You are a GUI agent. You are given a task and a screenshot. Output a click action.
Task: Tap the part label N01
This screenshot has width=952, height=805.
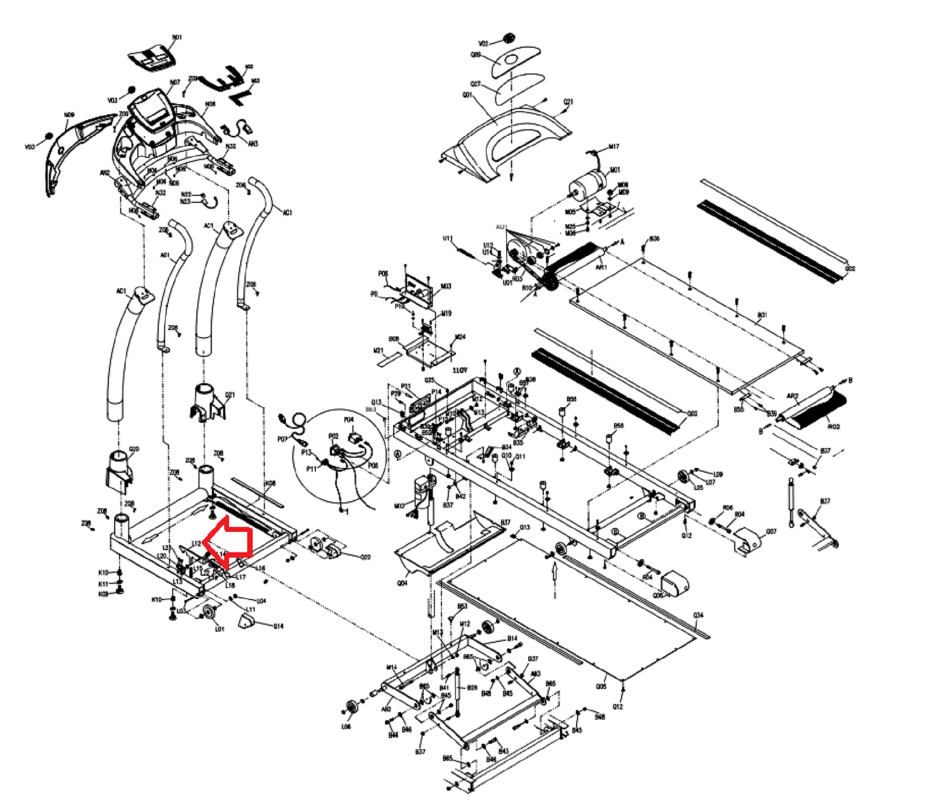[x=177, y=38]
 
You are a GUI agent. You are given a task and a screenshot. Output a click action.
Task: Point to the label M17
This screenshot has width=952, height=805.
[x=613, y=146]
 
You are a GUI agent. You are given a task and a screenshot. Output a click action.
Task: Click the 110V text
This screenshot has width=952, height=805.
[x=460, y=370]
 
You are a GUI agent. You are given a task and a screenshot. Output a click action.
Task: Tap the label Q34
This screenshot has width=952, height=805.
[x=698, y=615]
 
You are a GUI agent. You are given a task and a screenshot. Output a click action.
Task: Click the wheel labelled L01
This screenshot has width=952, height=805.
[x=209, y=615]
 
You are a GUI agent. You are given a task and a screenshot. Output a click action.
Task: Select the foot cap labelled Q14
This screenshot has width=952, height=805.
[x=247, y=622]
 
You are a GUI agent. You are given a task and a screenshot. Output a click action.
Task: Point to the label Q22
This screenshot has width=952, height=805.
[x=365, y=557]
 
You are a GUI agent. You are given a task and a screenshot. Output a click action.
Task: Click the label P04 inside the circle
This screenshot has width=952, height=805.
[x=349, y=420]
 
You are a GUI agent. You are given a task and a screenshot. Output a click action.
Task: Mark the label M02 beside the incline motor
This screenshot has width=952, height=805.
[x=399, y=506]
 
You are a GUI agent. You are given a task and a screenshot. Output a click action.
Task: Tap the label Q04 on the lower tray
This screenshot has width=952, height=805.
[x=402, y=583]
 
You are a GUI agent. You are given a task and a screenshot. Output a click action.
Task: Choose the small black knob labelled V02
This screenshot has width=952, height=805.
[x=508, y=39]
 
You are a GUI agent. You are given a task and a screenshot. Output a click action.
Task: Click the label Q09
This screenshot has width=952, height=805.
[x=475, y=55]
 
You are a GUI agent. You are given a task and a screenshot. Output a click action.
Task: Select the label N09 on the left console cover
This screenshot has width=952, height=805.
[x=70, y=115]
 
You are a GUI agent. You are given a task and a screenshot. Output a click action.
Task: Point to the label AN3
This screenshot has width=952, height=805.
[x=253, y=143]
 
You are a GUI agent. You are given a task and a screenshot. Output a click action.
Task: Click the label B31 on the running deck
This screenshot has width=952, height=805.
[x=762, y=315]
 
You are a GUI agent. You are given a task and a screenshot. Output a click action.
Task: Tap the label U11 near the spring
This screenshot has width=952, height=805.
[x=447, y=239]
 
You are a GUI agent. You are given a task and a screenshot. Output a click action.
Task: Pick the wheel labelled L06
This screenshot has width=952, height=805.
[x=350, y=709]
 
